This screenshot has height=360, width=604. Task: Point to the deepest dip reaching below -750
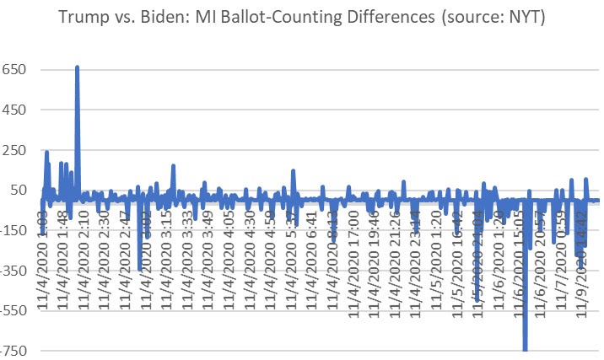526,347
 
